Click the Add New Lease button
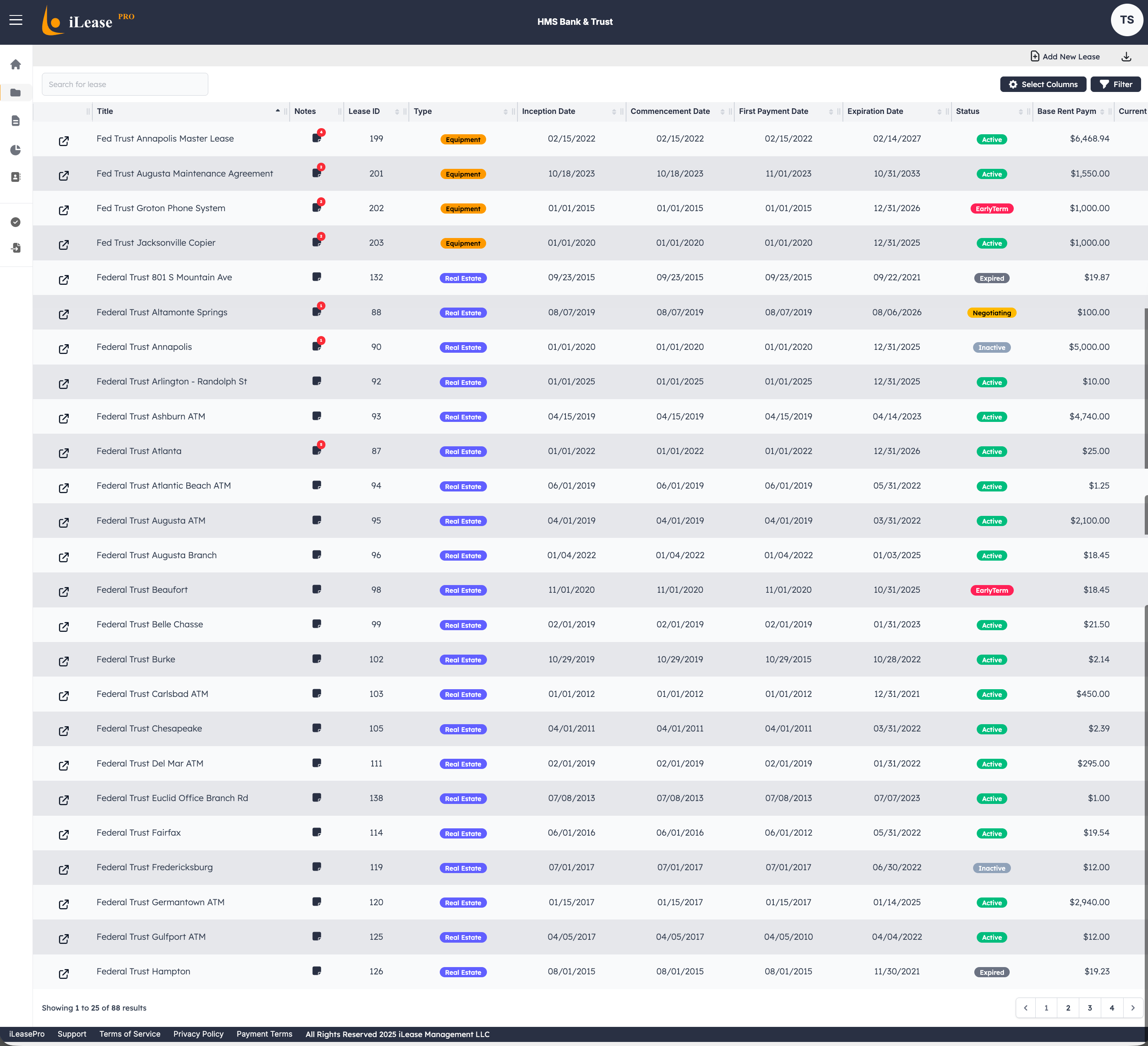[x=1065, y=57]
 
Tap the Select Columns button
[x=1043, y=84]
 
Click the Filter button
[x=1115, y=84]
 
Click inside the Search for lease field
[x=125, y=84]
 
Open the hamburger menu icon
[x=16, y=20]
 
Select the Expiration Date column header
[x=875, y=111]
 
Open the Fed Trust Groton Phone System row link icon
[x=64, y=210]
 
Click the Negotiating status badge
[x=991, y=312]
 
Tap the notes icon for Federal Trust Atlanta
[x=316, y=450]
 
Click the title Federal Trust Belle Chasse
[x=150, y=624]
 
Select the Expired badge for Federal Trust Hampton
[x=991, y=972]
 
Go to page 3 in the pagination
[x=1089, y=1007]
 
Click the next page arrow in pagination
[x=1133, y=1007]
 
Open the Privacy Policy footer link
[x=198, y=1034]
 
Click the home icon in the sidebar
[x=16, y=64]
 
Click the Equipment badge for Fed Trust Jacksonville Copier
[x=463, y=243]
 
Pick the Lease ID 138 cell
[x=376, y=798]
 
